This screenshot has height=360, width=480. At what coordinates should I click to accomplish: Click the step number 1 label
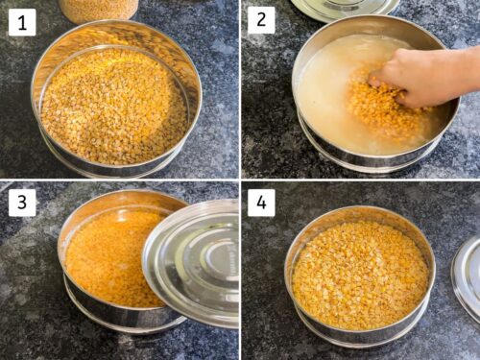pyautogui.click(x=22, y=22)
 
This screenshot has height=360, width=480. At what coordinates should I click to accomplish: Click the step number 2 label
pyautogui.click(x=261, y=20)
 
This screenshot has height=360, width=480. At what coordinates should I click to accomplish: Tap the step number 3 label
pyautogui.click(x=22, y=202)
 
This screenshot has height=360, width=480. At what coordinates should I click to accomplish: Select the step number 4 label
pyautogui.click(x=261, y=202)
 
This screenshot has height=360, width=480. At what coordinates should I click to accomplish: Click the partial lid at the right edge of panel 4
pyautogui.click(x=468, y=278)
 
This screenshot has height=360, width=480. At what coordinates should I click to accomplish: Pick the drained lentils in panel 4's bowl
pyautogui.click(x=360, y=274)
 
